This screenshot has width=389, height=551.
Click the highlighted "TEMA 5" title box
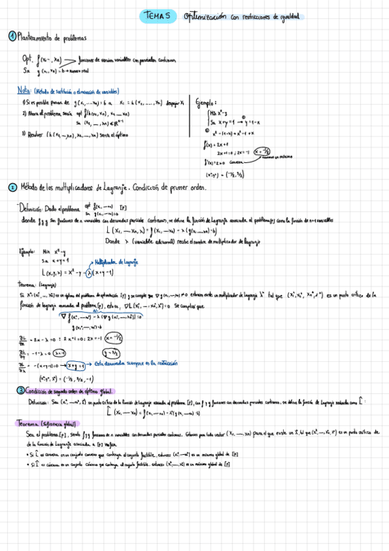click(157, 17)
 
